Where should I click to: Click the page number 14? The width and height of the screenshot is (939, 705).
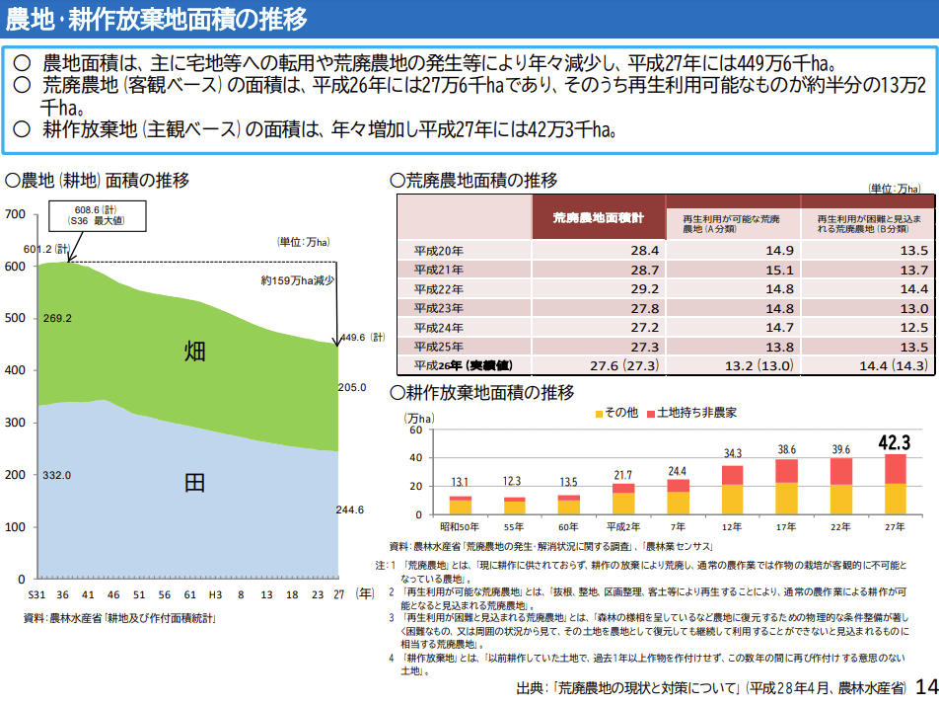(925, 686)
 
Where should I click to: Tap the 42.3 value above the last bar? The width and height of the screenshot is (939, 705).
(894, 442)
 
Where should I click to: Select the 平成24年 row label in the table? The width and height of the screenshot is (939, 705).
(438, 328)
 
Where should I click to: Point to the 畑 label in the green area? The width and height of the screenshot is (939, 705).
(195, 351)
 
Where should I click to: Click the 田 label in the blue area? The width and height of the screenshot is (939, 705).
(195, 482)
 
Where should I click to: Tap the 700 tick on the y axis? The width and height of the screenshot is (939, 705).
(15, 214)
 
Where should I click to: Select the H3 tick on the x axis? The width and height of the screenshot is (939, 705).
(215, 595)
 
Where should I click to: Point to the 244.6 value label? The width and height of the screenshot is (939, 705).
(350, 509)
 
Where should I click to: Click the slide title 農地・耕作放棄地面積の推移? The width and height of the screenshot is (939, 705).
(156, 19)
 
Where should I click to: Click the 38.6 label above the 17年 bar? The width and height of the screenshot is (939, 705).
(786, 449)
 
